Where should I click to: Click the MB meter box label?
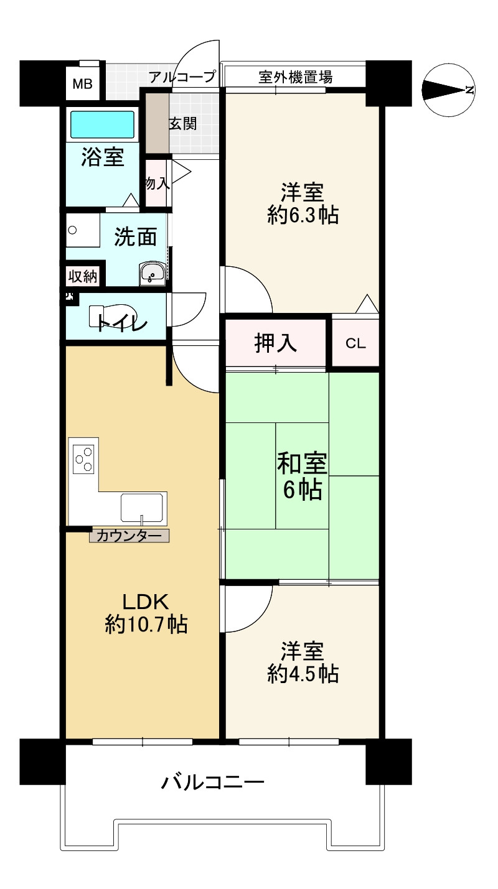pyautogui.click(x=83, y=84)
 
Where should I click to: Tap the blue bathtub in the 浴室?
pyautogui.click(x=103, y=124)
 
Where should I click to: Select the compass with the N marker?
pyautogui.click(x=449, y=90)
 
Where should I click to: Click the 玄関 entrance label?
pyautogui.click(x=183, y=124)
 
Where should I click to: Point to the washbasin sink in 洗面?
pyautogui.click(x=153, y=273)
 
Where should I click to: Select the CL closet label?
pyautogui.click(x=355, y=343)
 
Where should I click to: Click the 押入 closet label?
pyautogui.click(x=275, y=343)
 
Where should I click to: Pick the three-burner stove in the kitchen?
pyautogui.click(x=84, y=459)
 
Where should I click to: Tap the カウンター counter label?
pyautogui.click(x=129, y=536)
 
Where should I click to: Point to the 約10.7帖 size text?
pyautogui.click(x=146, y=625)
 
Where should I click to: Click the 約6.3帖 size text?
pyautogui.click(x=303, y=216)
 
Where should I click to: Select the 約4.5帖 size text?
pyautogui.click(x=303, y=674)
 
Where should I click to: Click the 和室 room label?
pyautogui.click(x=302, y=463)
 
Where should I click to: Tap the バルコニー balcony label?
pyautogui.click(x=212, y=783)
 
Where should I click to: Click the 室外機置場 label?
pyautogui.click(x=295, y=77)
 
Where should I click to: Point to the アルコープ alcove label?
pyautogui.click(x=182, y=77)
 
